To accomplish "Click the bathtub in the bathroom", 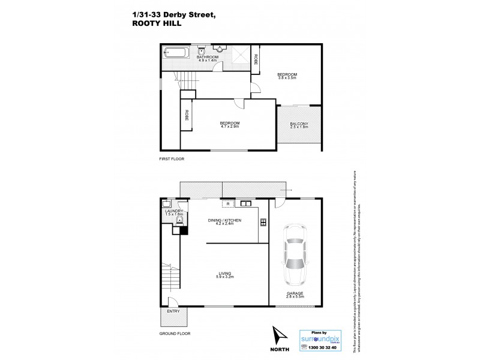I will coord(176,53).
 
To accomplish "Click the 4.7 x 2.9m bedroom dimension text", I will coord(230,127).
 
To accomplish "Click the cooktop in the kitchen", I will coord(263,223).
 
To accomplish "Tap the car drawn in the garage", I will coord(295,255).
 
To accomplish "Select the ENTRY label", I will coord(174,311).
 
